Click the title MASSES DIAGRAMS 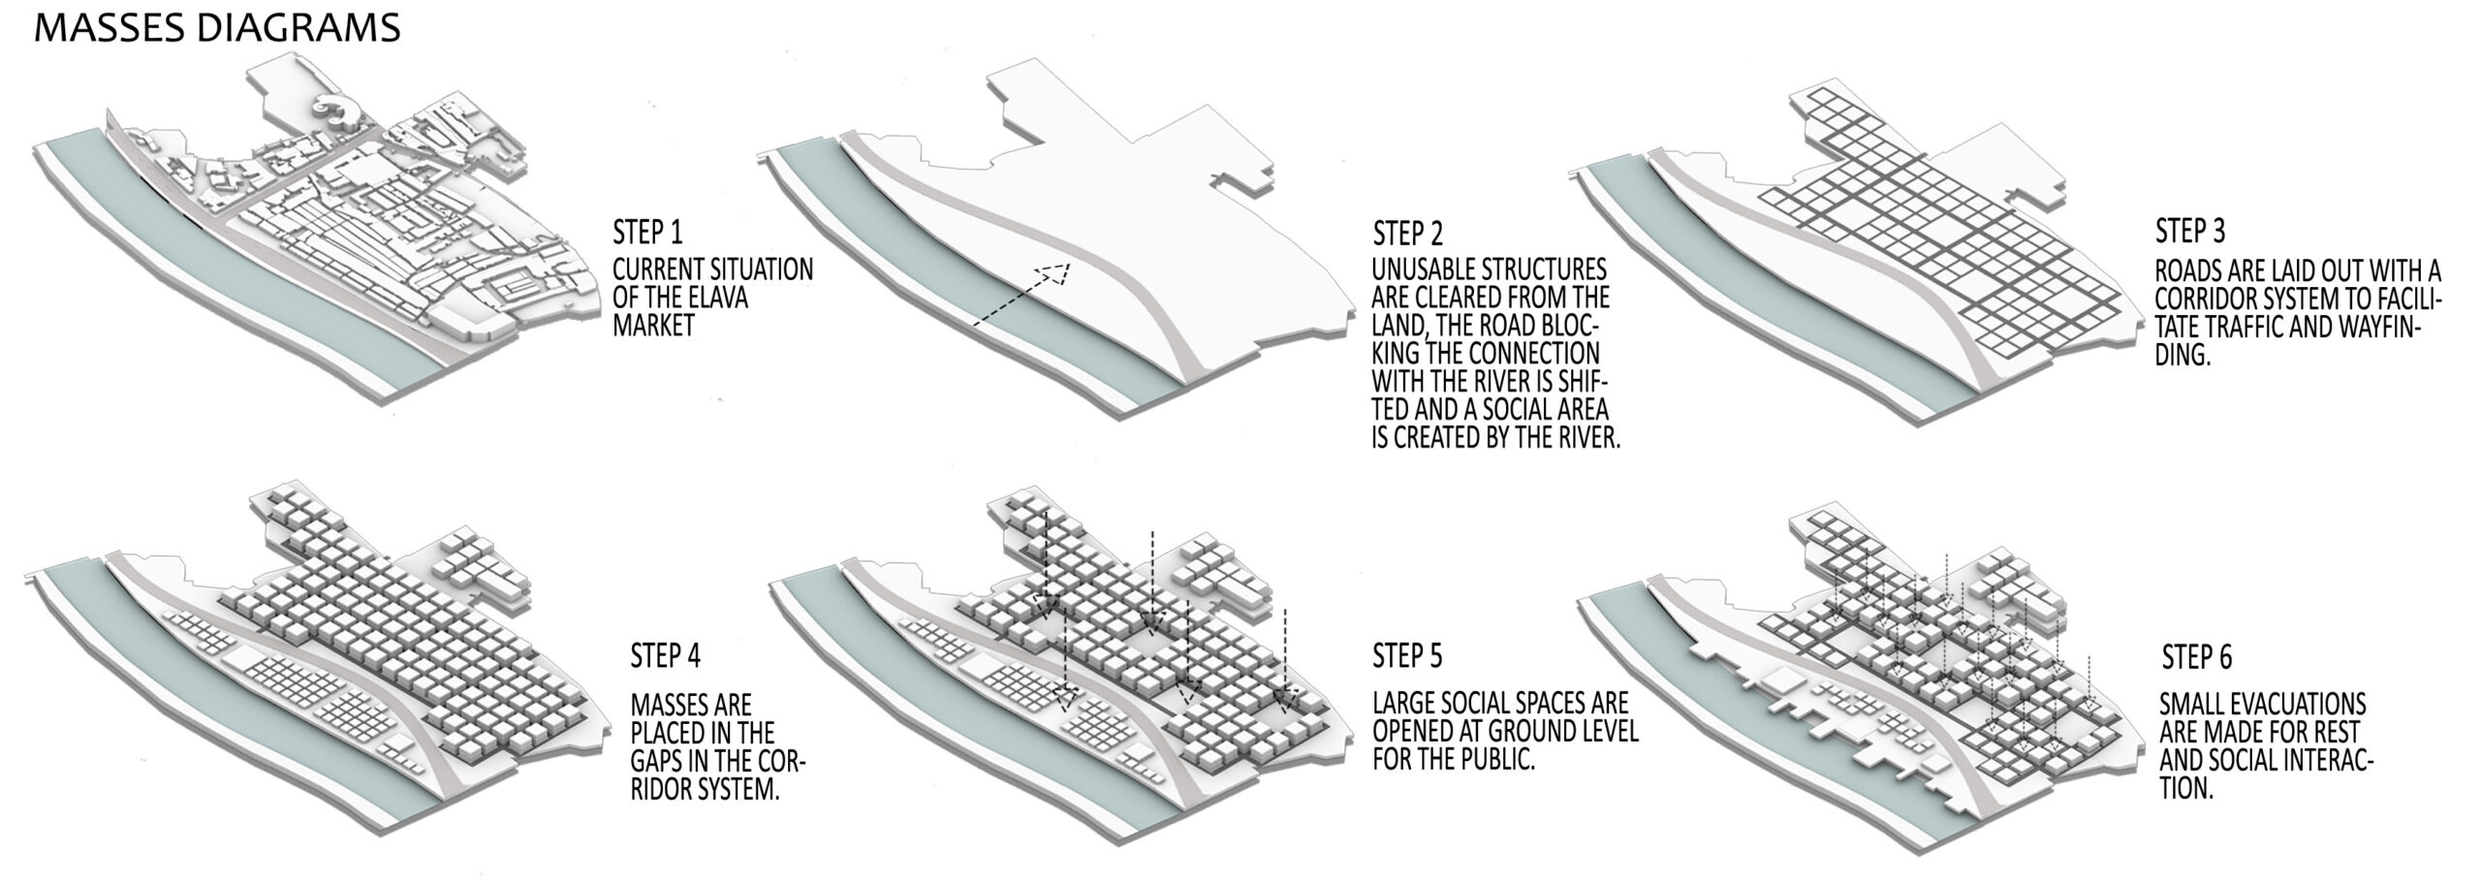[x=217, y=28]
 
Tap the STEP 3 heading [x=2190, y=232]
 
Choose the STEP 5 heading [x=1407, y=656]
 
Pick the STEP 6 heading [x=2197, y=658]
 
